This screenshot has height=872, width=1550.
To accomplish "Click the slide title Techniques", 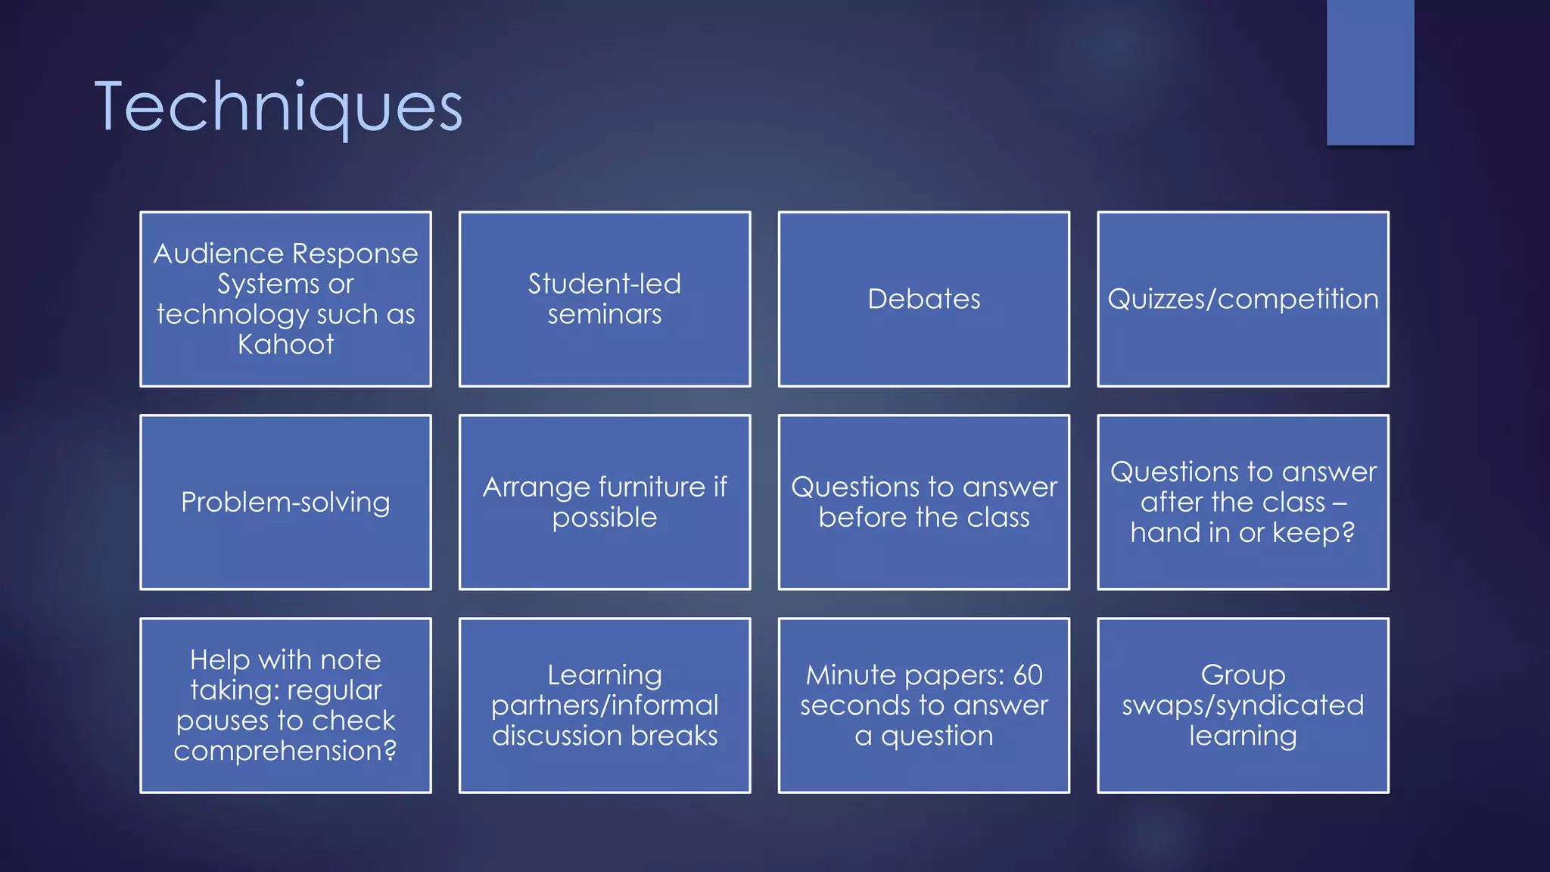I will point(278,107).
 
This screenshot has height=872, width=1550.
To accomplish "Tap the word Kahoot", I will point(285,345).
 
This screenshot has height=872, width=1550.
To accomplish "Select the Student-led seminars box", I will point(604,299).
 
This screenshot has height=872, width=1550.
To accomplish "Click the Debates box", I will point(923,299).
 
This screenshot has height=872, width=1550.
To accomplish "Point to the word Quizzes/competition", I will point(1243,299).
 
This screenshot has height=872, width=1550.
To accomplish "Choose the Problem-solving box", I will point(285,503).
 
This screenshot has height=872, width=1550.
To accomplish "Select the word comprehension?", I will point(285,751).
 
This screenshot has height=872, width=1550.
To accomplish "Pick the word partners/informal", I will point(604,705).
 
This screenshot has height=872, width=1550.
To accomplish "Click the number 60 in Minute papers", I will point(1028,675).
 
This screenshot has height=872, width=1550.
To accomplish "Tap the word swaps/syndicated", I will point(1243,705).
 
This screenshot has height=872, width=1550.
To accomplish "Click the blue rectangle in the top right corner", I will point(1370,72).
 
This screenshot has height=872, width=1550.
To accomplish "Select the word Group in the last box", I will point(1243,675).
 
